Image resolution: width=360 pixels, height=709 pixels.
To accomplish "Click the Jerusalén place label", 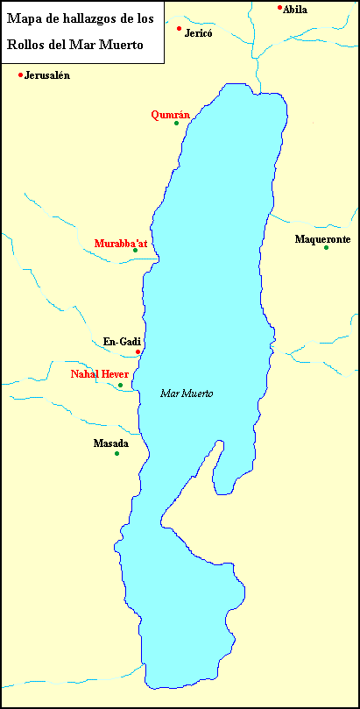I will (x=47, y=75).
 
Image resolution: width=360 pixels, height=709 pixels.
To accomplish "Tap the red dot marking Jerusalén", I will (x=20, y=74).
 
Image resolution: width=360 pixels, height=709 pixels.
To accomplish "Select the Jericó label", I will (x=199, y=32).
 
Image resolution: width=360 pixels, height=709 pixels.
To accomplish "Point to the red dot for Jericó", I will (x=180, y=29).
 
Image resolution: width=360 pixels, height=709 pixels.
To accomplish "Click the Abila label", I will (x=294, y=10).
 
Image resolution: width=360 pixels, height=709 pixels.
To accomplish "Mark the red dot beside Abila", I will (x=279, y=8).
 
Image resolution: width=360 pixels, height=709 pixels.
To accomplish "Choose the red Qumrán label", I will (x=170, y=114).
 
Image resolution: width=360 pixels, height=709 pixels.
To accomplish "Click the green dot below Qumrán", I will (x=176, y=123).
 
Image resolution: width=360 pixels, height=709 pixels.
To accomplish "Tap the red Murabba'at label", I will (x=121, y=242).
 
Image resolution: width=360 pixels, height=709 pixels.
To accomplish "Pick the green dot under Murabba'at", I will (x=135, y=251).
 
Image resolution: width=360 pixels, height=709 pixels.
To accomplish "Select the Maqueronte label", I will (x=322, y=238).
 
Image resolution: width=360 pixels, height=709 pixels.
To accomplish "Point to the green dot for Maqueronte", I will (x=326, y=248).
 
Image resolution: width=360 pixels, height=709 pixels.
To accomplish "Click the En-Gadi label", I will (x=122, y=342).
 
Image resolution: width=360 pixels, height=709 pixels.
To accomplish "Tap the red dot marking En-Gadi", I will (x=138, y=351).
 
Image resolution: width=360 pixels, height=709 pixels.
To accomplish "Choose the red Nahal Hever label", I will (x=100, y=374).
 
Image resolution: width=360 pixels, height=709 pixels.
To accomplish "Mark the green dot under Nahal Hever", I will (x=121, y=385).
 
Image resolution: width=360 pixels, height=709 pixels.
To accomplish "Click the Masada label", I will (x=110, y=443).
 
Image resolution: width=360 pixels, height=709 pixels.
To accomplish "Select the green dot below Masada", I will (x=116, y=453).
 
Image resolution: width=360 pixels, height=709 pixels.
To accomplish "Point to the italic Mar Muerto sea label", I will (x=187, y=393).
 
